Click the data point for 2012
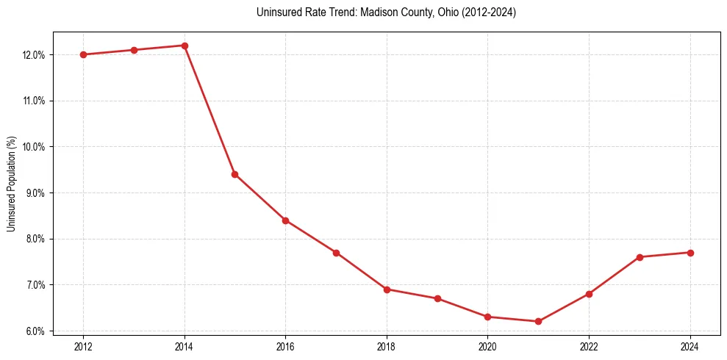click(x=83, y=54)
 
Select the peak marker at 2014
click(x=185, y=46)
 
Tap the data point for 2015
click(x=234, y=174)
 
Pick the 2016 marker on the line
click(x=285, y=220)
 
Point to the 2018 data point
click(x=387, y=289)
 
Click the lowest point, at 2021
click(x=538, y=321)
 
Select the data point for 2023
click(x=640, y=257)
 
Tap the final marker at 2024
click(x=690, y=253)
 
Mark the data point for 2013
click(x=134, y=50)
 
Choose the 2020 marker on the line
click(x=487, y=317)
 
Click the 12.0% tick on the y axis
click(x=35, y=55)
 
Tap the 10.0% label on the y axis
click(x=35, y=147)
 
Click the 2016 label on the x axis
click(x=285, y=346)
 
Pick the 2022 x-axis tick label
click(x=589, y=346)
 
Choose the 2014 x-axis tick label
click(x=185, y=346)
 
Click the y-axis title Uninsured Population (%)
click(x=11, y=184)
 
